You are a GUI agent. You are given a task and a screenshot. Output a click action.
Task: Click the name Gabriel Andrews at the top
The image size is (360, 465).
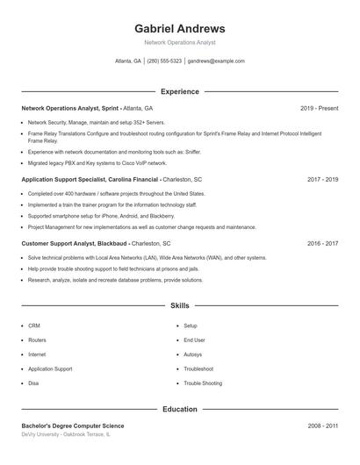pyautogui.click(x=179, y=28)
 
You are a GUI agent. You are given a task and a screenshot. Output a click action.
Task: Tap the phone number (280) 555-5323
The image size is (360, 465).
pyautogui.click(x=164, y=61)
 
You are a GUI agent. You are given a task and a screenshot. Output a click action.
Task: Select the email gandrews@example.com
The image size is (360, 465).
pyautogui.click(x=216, y=61)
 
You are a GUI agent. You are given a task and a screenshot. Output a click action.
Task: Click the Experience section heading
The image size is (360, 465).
pyautogui.click(x=179, y=91)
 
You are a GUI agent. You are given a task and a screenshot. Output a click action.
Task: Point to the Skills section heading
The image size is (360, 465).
pyautogui.click(x=179, y=305)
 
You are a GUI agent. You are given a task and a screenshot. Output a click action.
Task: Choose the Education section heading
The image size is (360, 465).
pyautogui.click(x=179, y=409)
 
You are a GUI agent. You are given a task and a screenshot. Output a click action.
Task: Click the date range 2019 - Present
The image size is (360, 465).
pyautogui.click(x=319, y=108)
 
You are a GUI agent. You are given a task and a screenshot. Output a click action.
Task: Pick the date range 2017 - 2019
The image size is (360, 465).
pyautogui.click(x=322, y=179)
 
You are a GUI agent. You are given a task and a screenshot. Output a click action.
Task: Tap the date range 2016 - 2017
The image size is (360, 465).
pyautogui.click(x=322, y=243)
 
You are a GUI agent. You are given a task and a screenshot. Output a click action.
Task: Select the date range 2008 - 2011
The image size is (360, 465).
pyautogui.click(x=322, y=426)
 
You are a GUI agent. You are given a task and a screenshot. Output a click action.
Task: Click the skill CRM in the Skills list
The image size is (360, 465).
pyautogui.click(x=34, y=325)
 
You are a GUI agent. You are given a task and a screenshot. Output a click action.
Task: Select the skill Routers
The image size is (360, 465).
pyautogui.click(x=37, y=340)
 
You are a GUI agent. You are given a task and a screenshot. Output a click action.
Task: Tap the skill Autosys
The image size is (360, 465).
pyautogui.click(x=192, y=354)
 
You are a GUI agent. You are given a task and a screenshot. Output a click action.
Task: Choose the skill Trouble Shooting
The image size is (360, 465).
pyautogui.click(x=203, y=383)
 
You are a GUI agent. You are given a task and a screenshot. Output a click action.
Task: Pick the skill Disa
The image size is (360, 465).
pyautogui.click(x=33, y=383)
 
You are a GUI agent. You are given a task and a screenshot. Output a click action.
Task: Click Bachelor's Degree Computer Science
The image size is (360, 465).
pyautogui.click(x=73, y=426)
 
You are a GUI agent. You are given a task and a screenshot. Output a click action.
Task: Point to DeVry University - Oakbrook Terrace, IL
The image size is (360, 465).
pyautogui.click(x=66, y=434)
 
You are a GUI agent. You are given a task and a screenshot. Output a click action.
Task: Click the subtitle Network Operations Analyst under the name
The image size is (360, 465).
pyautogui.click(x=179, y=42)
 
